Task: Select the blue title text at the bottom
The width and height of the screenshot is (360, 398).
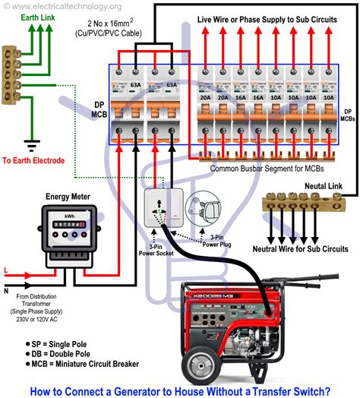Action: click(180, 390)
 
